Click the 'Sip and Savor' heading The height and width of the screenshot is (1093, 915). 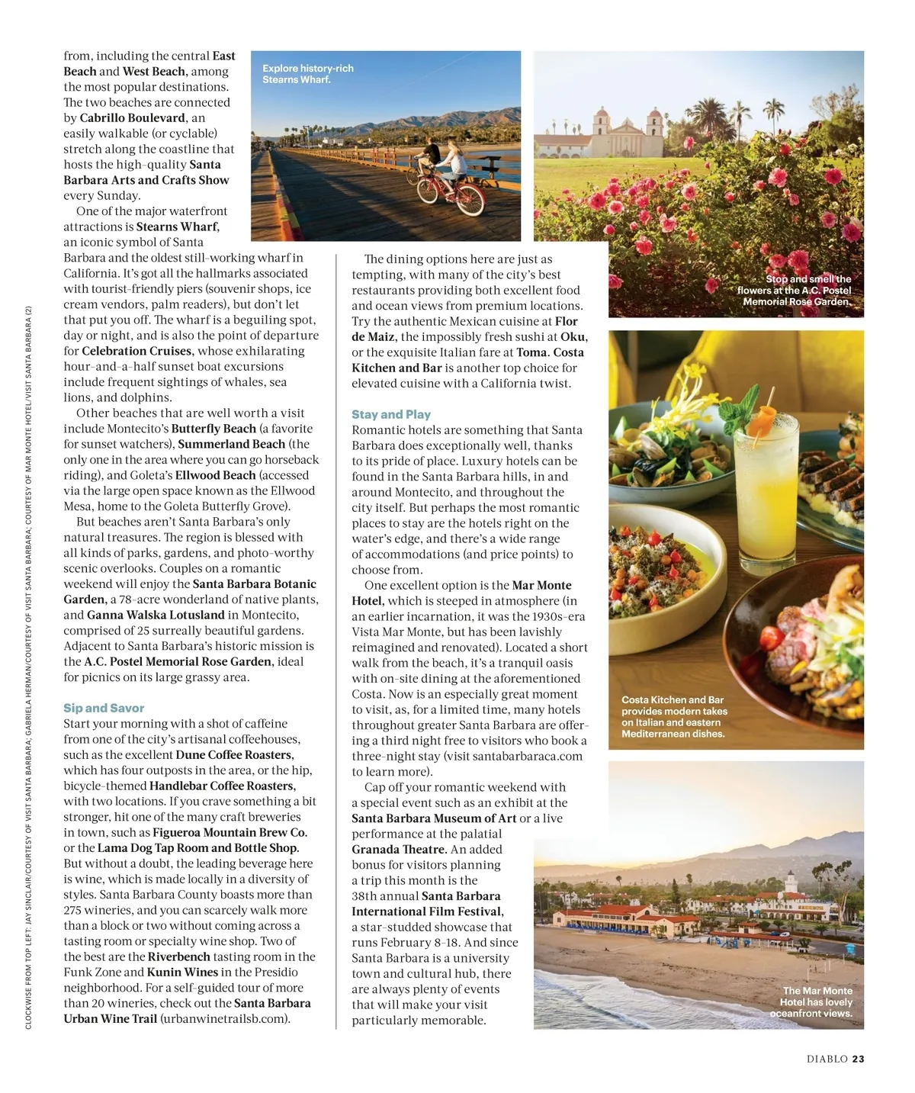pos(104,708)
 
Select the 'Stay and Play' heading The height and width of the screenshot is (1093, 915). pos(391,414)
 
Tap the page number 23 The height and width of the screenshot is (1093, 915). pos(859,1059)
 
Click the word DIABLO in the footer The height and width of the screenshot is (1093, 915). pos(827,1059)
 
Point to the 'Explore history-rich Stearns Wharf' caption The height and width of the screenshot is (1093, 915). pos(308,74)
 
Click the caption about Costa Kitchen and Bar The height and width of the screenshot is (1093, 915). pos(674,716)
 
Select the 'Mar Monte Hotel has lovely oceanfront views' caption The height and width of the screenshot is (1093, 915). pos(812,1001)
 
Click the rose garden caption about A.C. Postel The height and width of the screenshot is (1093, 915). pos(795,290)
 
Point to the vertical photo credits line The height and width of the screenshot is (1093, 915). pos(28,667)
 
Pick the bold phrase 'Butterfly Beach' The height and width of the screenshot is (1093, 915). pos(213,429)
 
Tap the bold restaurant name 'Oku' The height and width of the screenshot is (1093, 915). pos(573,336)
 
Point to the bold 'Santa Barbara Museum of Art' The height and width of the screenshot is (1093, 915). pos(434,818)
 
